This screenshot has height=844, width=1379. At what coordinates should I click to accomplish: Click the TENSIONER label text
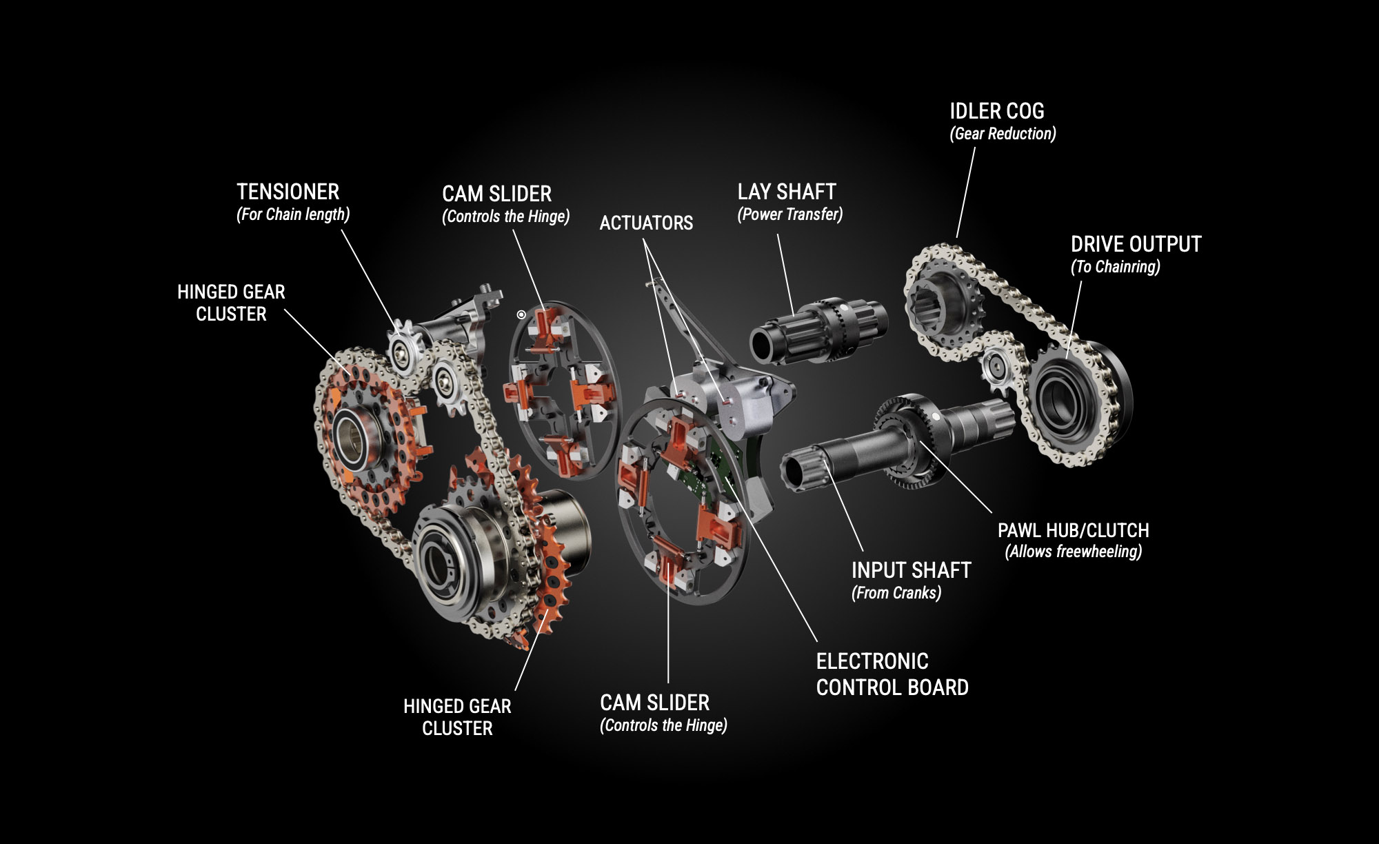288,192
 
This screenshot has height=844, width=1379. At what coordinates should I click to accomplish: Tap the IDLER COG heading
996,111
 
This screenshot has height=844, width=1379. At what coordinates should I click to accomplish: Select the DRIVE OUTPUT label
1136,244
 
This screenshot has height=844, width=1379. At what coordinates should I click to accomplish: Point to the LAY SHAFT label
787,192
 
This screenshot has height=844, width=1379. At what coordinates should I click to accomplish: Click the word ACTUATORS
646,223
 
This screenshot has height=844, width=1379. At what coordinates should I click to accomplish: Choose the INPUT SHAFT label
911,570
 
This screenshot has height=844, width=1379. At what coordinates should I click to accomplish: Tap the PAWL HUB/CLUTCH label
1073,530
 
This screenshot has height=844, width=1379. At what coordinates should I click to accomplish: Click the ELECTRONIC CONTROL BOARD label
892,674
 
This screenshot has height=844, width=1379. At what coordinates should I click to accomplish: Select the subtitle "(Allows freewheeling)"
1073,552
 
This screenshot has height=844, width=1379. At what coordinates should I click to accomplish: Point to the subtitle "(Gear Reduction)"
1003,134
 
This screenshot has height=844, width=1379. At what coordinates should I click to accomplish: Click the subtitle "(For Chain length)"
293,214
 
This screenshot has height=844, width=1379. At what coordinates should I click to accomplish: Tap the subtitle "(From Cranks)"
896,593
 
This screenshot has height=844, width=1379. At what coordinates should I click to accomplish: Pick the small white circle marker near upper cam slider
521,315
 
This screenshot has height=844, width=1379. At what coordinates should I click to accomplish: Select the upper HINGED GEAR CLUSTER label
231,303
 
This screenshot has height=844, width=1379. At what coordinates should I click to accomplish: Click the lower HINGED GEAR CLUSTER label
457,717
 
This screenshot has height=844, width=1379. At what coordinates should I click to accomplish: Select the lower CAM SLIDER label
654,703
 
